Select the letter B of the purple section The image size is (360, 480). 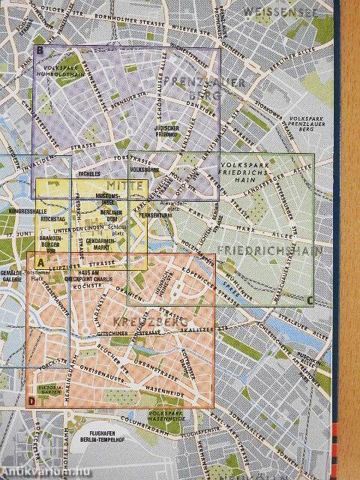tap(39, 50)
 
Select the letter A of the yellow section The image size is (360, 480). tap(40, 260)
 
